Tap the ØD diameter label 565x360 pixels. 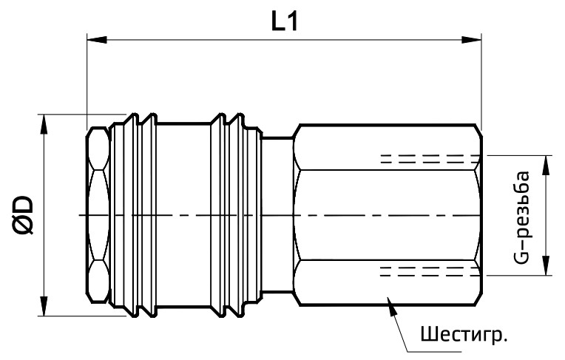(x=22, y=214)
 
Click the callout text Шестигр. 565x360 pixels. (x=464, y=334)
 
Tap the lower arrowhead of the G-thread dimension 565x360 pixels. (x=546, y=268)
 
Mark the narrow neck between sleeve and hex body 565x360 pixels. (x=277, y=177)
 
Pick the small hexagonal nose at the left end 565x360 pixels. (x=97, y=214)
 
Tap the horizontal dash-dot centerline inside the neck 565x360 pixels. (x=277, y=215)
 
